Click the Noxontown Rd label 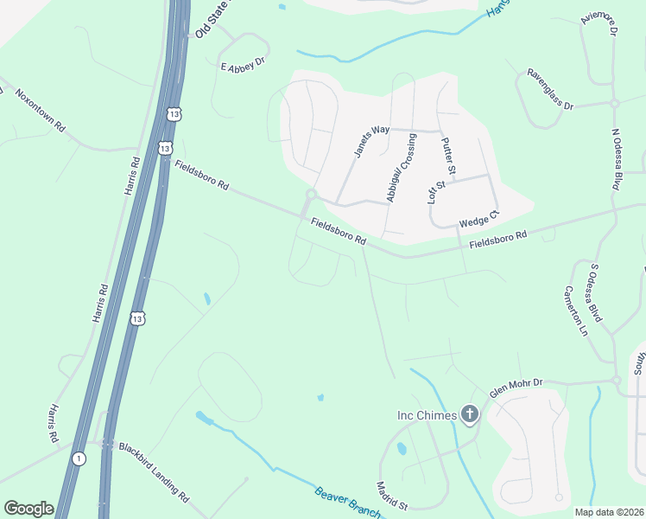41,109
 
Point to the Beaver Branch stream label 347,503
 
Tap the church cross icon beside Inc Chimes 469,415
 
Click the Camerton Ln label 578,311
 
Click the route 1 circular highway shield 79,458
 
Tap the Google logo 28,509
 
